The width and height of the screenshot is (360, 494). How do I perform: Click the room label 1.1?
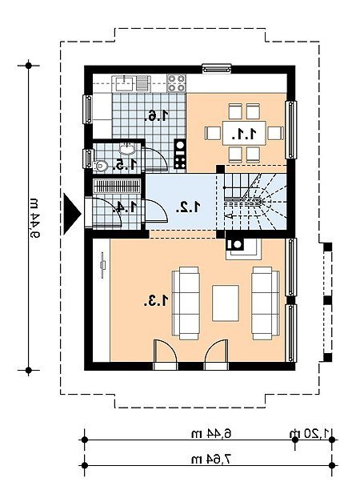(x=243, y=135)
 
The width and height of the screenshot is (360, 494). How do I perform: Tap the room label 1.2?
(x=188, y=207)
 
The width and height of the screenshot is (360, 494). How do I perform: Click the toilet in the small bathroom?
(x=100, y=165)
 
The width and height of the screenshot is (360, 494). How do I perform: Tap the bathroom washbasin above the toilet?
(x=127, y=148)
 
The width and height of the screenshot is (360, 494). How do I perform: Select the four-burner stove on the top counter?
(x=176, y=83)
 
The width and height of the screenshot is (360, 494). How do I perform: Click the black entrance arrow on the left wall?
(x=72, y=214)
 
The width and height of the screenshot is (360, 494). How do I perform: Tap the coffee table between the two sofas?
(x=226, y=303)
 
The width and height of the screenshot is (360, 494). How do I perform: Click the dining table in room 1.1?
(x=244, y=133)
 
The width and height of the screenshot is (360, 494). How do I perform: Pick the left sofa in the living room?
(x=186, y=303)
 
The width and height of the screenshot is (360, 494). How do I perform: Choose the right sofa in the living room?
(x=266, y=303)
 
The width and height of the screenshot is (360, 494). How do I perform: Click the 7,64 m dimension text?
(x=211, y=459)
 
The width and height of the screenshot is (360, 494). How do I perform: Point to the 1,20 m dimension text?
(x=310, y=433)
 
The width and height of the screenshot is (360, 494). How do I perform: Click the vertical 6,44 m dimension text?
(x=34, y=218)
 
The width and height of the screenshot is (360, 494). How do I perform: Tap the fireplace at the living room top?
(x=243, y=248)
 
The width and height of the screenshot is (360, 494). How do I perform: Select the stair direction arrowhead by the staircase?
(x=230, y=216)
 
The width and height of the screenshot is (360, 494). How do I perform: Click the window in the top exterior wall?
(x=217, y=69)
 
